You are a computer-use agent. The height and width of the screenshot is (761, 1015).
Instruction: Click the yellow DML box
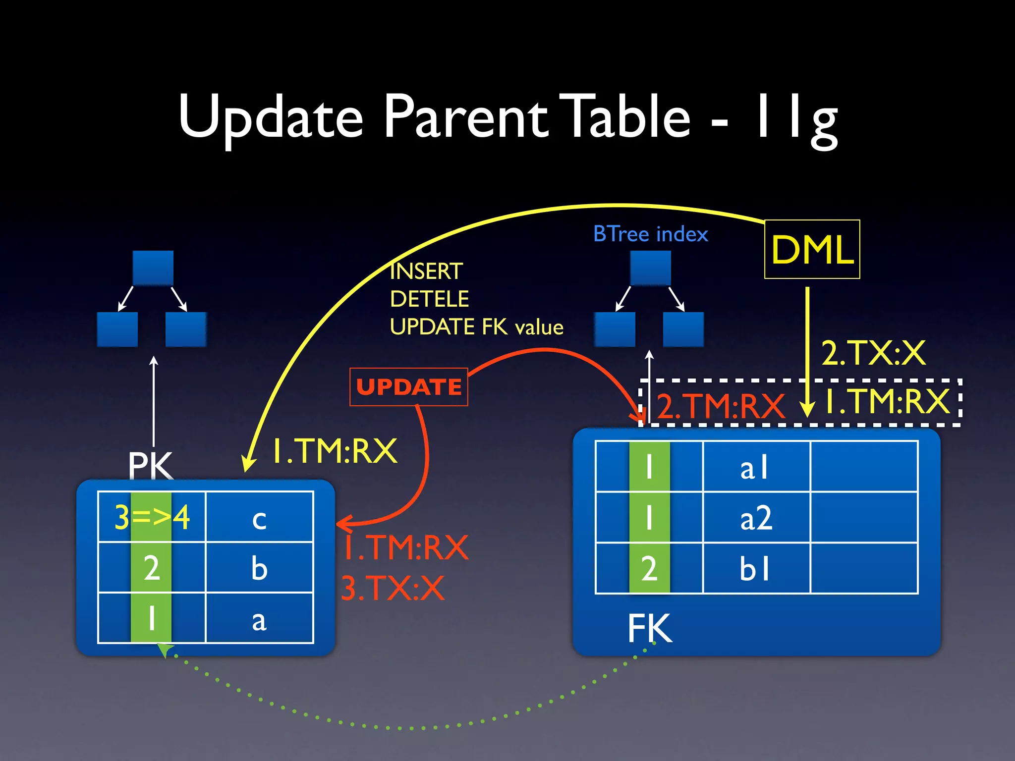[x=812, y=249]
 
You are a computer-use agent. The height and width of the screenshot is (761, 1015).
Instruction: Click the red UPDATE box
[x=408, y=387]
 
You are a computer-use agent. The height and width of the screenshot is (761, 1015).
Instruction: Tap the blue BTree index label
[x=650, y=234]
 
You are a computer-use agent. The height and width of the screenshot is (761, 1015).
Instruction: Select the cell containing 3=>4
[x=152, y=517]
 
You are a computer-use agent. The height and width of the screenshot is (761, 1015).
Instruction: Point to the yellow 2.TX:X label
[x=873, y=353]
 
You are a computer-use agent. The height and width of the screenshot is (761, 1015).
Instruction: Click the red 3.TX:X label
[x=393, y=589]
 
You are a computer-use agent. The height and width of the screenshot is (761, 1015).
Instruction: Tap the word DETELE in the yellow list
[x=429, y=299]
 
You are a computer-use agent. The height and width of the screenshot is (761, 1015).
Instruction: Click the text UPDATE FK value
[x=476, y=327]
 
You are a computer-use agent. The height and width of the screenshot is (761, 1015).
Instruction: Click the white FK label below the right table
[x=650, y=628]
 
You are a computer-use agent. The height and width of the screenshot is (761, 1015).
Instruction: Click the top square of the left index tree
[x=153, y=268]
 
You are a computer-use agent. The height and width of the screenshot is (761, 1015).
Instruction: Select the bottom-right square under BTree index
[x=683, y=329]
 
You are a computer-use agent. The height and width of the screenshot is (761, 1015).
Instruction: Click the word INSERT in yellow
[x=426, y=272]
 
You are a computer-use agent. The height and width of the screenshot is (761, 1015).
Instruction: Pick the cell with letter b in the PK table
[x=259, y=568]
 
